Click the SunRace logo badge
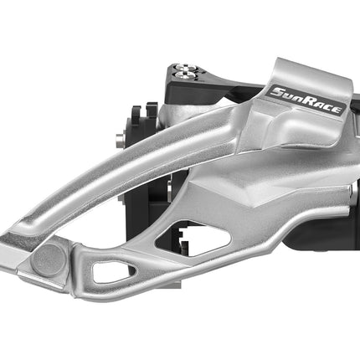pyautogui.click(x=306, y=100)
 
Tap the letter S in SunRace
pyautogui.click(x=276, y=92)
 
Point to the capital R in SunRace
pyautogui.click(x=308, y=101)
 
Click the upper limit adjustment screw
pyautogui.click(x=183, y=67)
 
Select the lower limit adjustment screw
pyautogui.click(x=186, y=75)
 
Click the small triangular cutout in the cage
pyautogui.click(x=113, y=271)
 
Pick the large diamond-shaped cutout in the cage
pyautogui.click(x=193, y=238)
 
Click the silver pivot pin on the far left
pyautogui.click(x=120, y=140)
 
